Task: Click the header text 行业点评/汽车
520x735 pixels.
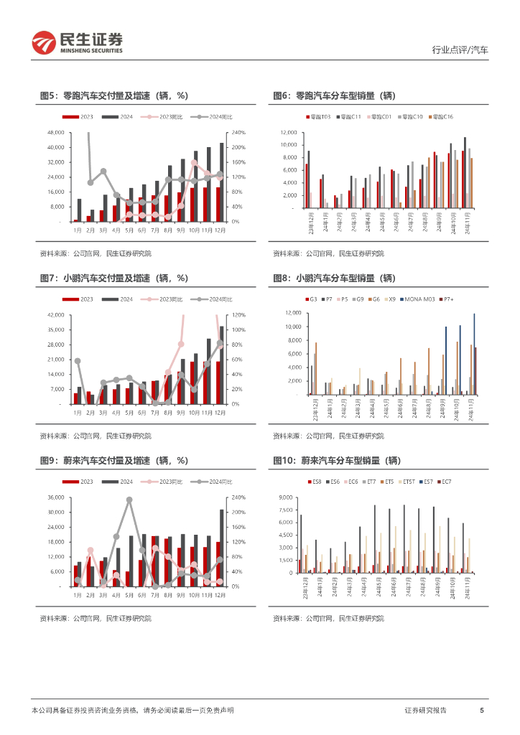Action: click(x=460, y=50)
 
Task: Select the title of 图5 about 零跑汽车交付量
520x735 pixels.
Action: click(x=113, y=95)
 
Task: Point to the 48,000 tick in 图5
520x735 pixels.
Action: click(x=55, y=133)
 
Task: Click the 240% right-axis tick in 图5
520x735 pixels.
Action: click(x=239, y=133)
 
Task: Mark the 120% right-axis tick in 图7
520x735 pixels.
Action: click(x=239, y=315)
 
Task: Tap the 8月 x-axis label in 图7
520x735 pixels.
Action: click(x=168, y=413)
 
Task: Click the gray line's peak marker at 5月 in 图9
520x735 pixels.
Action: click(x=129, y=500)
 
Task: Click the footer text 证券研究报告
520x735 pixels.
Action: click(x=425, y=710)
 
